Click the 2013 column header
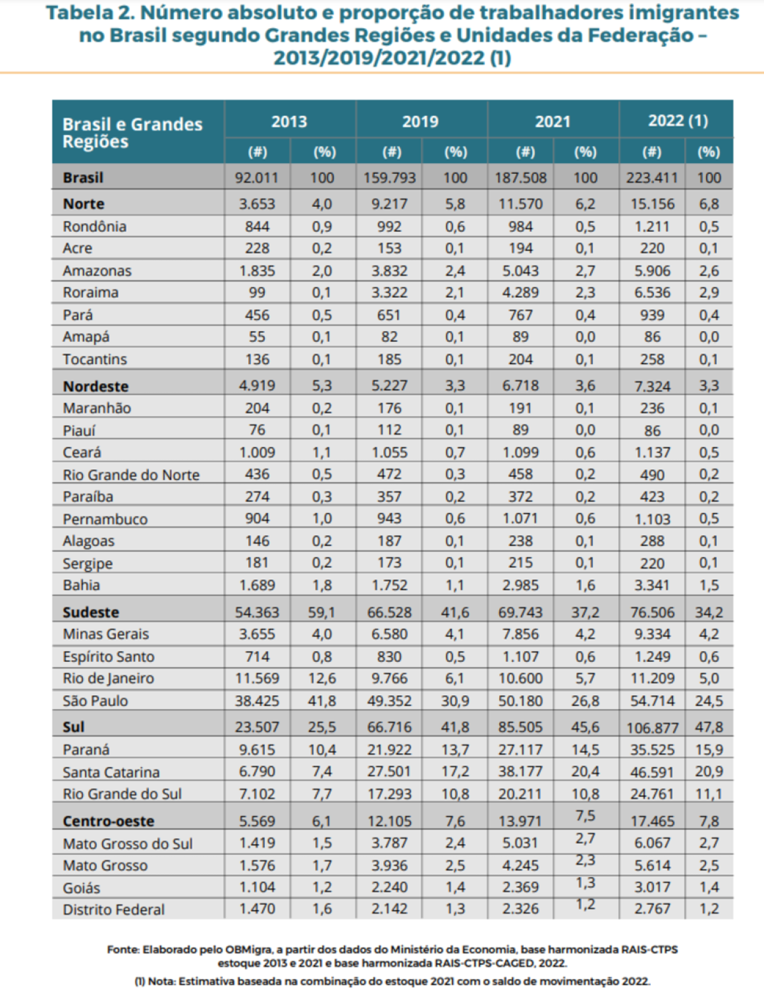(289, 122)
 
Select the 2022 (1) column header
(677, 121)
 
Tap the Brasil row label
(83, 178)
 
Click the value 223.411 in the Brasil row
(651, 178)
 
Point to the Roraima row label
(90, 293)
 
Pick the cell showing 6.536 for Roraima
(652, 293)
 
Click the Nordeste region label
(95, 386)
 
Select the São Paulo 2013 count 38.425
(257, 701)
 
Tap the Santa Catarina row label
(111, 772)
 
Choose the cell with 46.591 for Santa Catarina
(652, 772)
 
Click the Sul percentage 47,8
(709, 727)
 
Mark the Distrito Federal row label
(113, 910)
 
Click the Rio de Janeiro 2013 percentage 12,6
(322, 679)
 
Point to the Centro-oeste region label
(108, 821)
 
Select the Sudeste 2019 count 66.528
(389, 612)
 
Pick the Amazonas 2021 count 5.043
(520, 271)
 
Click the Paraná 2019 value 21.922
(389, 750)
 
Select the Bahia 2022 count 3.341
(652, 586)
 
